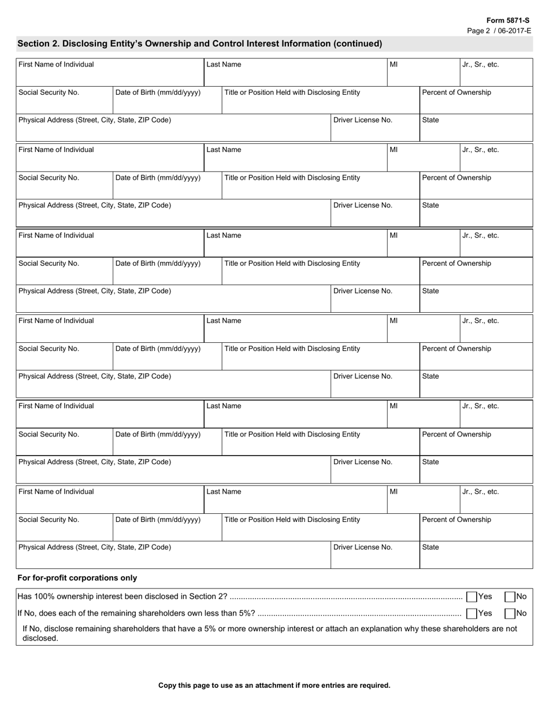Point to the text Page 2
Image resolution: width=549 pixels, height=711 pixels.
[478, 30]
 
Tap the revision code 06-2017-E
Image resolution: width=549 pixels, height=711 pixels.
[513, 30]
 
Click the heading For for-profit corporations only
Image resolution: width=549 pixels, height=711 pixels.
[77, 577]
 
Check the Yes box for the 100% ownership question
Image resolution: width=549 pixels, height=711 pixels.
[472, 597]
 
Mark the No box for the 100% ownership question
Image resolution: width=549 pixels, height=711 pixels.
[510, 597]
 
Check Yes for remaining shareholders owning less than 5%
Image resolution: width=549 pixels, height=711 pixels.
[472, 613]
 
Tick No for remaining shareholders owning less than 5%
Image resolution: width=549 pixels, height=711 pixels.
[510, 613]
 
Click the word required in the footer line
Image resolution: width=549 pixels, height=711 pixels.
[375, 686]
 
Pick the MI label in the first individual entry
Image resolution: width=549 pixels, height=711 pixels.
[394, 65]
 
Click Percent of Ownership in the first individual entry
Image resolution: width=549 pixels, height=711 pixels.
[457, 92]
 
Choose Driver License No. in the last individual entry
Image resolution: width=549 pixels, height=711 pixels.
[363, 547]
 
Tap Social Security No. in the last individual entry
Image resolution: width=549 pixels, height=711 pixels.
[49, 520]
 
